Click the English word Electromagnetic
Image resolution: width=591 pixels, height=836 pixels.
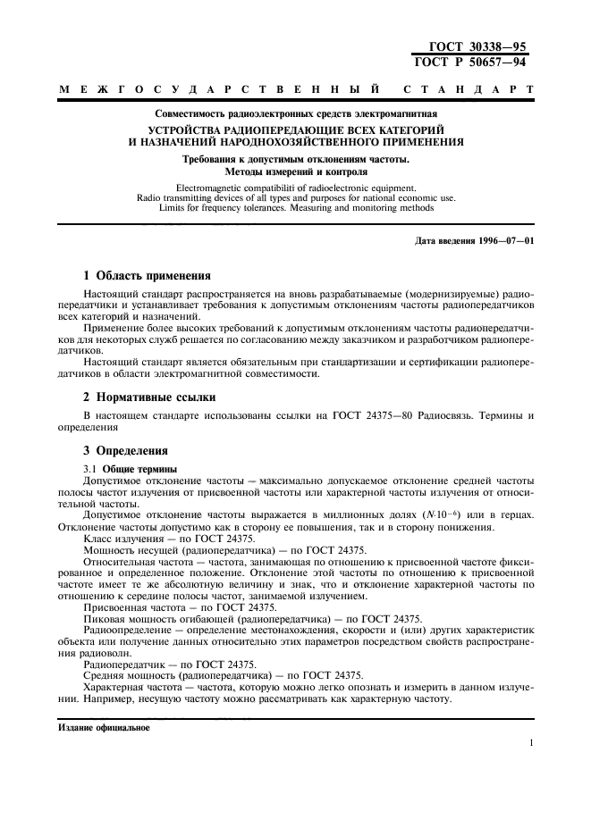[209, 188]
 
